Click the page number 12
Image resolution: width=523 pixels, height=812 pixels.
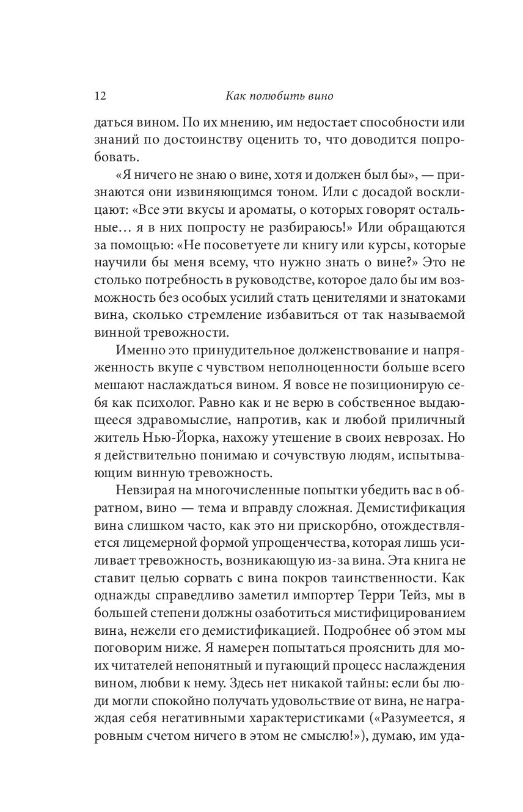click(x=100, y=96)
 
